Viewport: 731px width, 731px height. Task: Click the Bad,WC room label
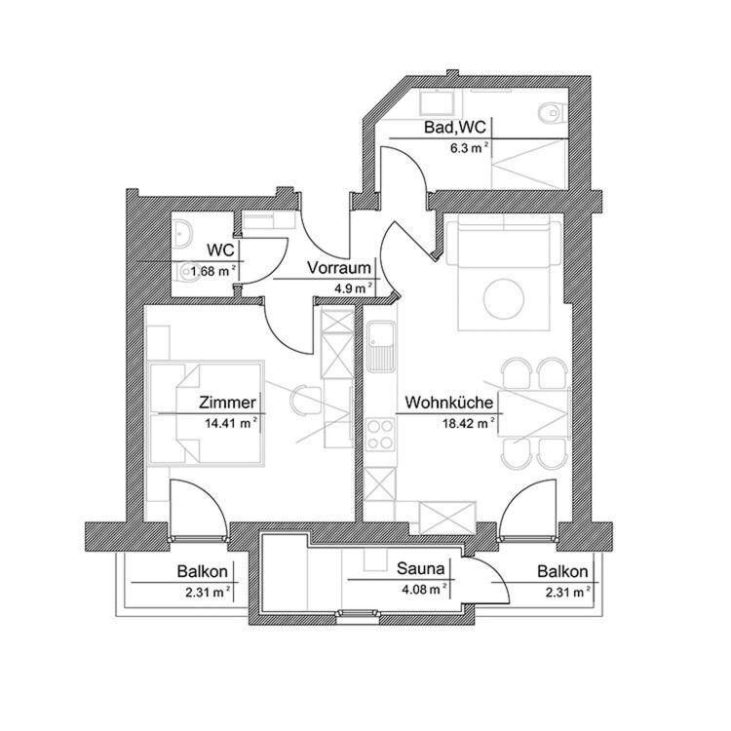tap(455, 128)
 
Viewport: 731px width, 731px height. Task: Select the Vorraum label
tap(338, 268)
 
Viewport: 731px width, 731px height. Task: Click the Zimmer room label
tap(227, 403)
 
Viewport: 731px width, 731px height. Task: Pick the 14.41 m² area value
tap(230, 423)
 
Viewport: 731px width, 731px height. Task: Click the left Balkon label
tap(203, 572)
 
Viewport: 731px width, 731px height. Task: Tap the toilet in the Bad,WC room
tap(551, 114)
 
